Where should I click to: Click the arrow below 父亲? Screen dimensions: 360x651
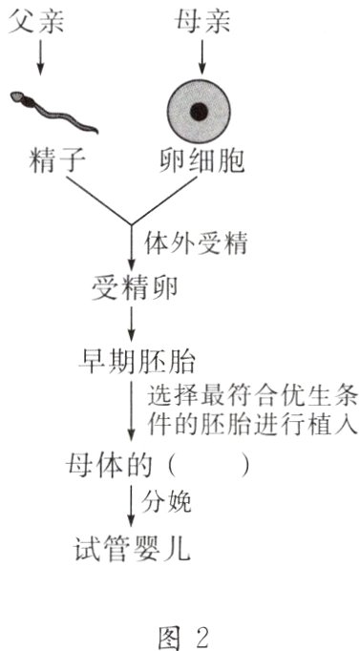click(39, 58)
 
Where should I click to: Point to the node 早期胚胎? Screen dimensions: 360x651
click(134, 362)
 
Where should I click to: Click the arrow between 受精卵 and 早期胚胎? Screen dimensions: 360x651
click(133, 326)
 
